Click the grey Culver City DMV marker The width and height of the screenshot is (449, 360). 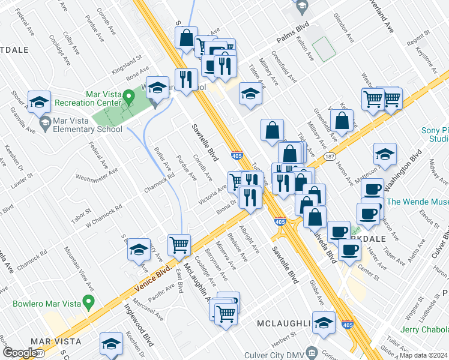point(310,352)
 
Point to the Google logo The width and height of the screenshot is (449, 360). point(20,353)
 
